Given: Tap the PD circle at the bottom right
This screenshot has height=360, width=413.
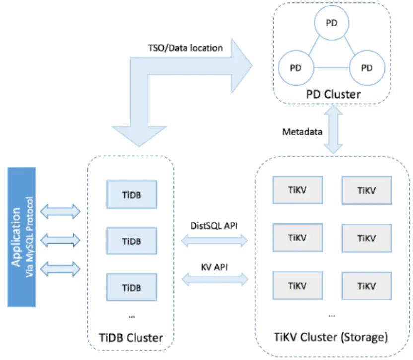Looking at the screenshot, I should pos(367,68).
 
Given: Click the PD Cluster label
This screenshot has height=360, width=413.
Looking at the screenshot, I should pos(331,94).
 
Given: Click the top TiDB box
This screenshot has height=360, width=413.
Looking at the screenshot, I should pos(132,195).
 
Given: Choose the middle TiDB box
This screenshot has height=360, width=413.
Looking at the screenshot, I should pos(132,241).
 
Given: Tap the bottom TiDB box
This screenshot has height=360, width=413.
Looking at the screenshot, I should pos(132,287).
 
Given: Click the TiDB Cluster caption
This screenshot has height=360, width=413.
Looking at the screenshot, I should pos(132,338).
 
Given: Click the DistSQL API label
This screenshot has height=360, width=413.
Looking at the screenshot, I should pos(214,226).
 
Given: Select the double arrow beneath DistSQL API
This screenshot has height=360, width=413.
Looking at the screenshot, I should pos(214,241).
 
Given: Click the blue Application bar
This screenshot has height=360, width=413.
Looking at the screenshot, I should pos(22,237).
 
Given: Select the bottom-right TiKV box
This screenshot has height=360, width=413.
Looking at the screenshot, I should pos(366,285).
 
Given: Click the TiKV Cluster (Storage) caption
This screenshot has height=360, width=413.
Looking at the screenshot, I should pos(332,338).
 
